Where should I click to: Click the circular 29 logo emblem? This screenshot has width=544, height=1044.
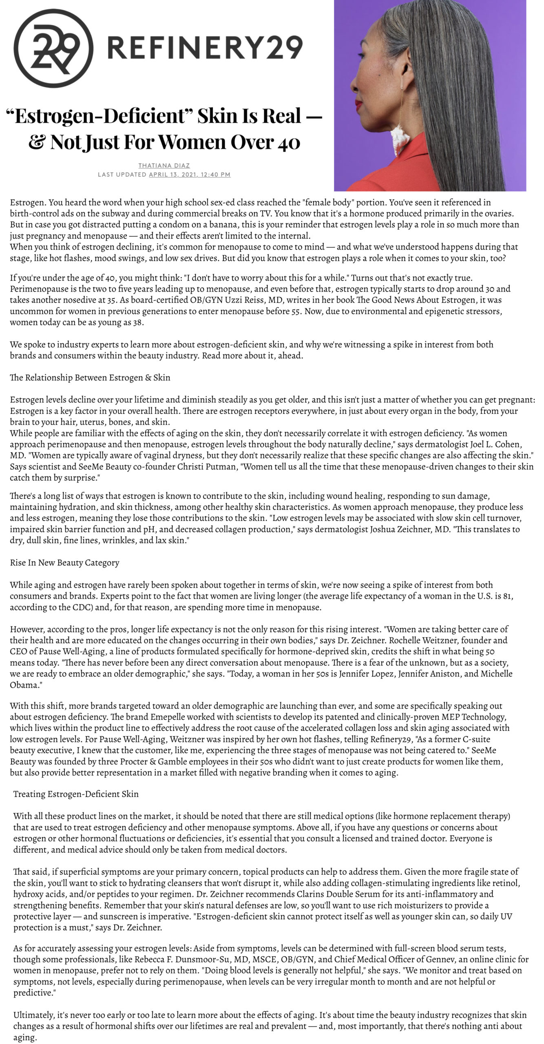[x=53, y=48]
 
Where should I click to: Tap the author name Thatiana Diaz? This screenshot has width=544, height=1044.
[x=164, y=165]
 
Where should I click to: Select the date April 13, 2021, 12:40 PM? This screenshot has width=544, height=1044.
[x=190, y=175]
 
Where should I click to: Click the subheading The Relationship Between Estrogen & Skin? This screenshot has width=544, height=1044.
[x=90, y=378]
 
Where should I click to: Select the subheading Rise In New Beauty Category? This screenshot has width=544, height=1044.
[x=64, y=563]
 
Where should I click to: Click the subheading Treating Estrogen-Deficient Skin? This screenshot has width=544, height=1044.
[x=76, y=794]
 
